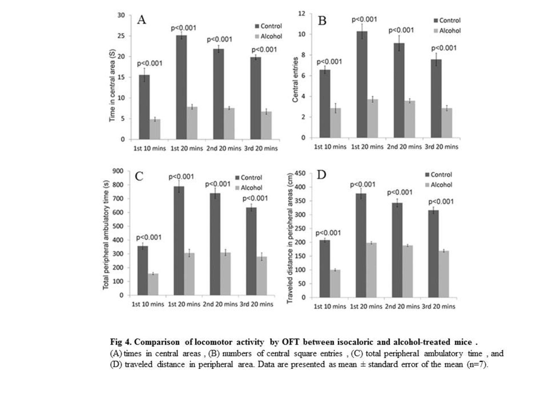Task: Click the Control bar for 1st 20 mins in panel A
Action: click(x=181, y=87)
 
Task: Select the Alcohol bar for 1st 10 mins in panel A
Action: click(x=155, y=129)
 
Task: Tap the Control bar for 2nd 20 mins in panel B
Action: click(x=399, y=90)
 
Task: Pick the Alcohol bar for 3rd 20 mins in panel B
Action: click(x=447, y=123)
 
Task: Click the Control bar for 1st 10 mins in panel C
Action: click(x=143, y=271)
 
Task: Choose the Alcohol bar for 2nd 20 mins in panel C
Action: click(x=226, y=274)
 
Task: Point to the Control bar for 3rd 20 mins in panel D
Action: click(x=433, y=254)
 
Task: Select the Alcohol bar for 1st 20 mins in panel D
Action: click(x=371, y=270)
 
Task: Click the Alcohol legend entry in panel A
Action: click(x=268, y=36)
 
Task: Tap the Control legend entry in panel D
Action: click(x=438, y=175)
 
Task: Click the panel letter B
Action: click(x=322, y=21)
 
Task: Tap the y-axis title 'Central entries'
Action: click(x=295, y=80)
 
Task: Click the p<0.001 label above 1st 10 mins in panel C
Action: click(x=149, y=238)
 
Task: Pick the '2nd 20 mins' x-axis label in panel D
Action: click(x=402, y=307)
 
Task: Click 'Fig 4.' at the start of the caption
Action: click(x=121, y=342)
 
